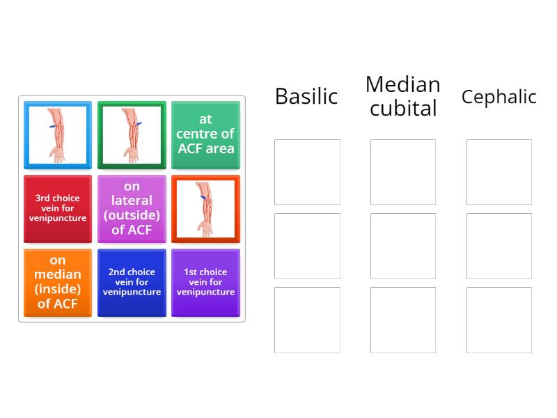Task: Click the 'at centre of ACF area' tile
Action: tap(205, 135)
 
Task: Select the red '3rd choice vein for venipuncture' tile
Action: tap(58, 209)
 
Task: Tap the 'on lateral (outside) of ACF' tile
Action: tap(132, 209)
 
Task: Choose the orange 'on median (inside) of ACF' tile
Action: tap(58, 283)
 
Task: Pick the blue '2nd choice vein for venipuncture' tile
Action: tap(132, 283)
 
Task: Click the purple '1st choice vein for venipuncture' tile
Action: tap(205, 283)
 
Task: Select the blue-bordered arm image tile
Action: tap(58, 135)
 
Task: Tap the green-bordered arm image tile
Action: tap(132, 135)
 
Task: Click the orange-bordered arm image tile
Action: tap(205, 209)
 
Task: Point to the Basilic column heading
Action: tap(306, 96)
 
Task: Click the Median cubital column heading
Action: tap(403, 96)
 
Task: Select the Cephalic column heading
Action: tap(499, 96)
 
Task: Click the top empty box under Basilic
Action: tap(307, 172)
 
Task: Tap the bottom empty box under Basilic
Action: tap(307, 320)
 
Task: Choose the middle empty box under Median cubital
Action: tap(403, 246)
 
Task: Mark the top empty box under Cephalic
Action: tap(499, 172)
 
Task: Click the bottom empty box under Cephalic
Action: tap(499, 320)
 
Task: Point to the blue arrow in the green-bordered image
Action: tap(139, 124)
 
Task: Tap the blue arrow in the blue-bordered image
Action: tap(53, 126)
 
